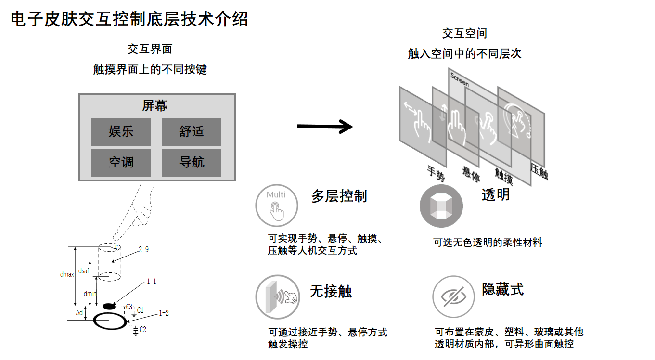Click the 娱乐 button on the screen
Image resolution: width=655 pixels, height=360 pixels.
pos(121,131)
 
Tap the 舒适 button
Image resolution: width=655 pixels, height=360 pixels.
pos(192,131)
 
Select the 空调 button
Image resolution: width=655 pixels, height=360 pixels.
pos(121,162)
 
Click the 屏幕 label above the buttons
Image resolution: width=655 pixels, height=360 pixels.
pos(154,106)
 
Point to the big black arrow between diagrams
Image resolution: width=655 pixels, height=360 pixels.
pos(325,127)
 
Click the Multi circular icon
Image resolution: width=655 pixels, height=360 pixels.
pos(276,206)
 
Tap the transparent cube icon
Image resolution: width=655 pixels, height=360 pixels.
pos(441,206)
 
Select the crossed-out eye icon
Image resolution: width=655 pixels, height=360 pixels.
pos(453,296)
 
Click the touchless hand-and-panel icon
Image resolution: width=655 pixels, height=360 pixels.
pos(278,297)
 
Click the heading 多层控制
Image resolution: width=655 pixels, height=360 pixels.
pos(339,196)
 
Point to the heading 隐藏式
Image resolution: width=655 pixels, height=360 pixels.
pos(502,289)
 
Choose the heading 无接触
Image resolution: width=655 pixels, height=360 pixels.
pos(331,291)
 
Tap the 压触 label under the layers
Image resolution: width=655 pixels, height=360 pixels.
pos(539,172)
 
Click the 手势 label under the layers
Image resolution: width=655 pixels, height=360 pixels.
pos(436,173)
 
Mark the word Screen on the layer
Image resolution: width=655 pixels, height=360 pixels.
pos(459,79)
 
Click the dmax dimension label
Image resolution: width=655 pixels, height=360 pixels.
pos(67,274)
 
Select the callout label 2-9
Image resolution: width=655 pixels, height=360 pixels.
pos(143,250)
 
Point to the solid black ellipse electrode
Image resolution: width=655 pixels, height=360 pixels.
pos(109,306)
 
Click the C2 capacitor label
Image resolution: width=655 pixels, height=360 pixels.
pos(142,330)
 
